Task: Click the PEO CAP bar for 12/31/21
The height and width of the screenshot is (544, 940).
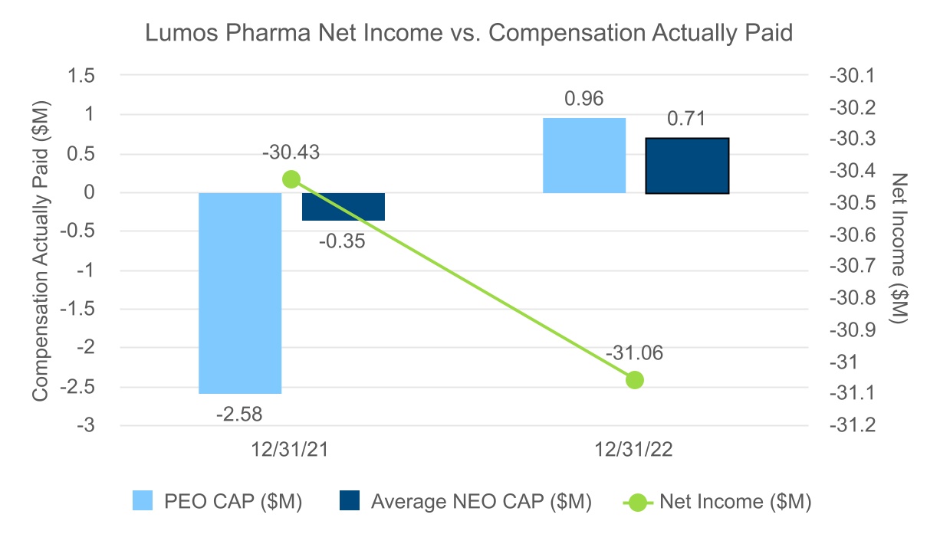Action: (x=240, y=293)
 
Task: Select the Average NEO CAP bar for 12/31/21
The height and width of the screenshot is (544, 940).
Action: (x=343, y=207)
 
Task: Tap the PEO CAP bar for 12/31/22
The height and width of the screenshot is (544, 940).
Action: (x=584, y=156)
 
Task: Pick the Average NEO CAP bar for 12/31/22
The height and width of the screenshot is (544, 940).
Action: (x=688, y=165)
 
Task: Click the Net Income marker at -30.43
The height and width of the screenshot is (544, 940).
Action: (x=291, y=179)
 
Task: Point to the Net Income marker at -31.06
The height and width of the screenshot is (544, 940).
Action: (x=634, y=379)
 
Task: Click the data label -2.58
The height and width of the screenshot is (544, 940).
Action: (x=240, y=415)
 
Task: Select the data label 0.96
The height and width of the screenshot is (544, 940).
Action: (x=584, y=99)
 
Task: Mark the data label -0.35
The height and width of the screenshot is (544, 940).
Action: (x=343, y=241)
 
